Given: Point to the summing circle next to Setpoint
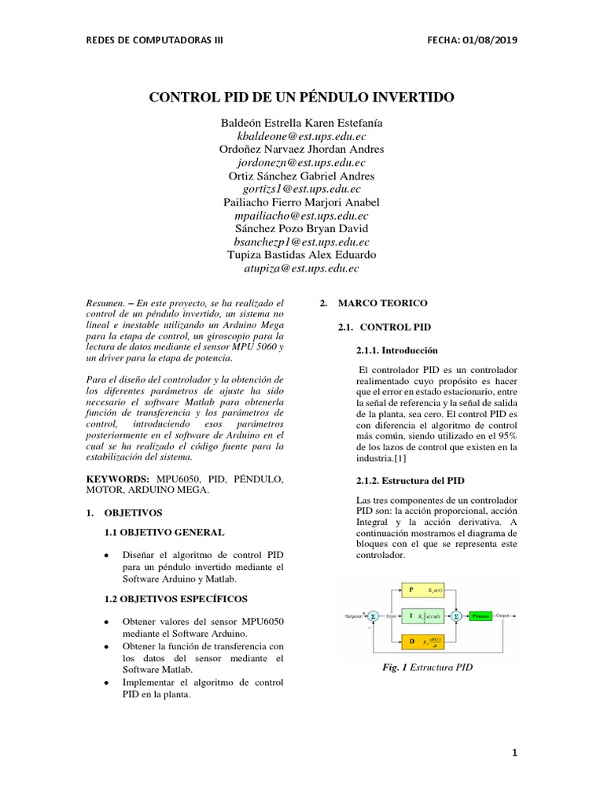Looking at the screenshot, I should (374, 616).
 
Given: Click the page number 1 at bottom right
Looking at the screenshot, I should (514, 752).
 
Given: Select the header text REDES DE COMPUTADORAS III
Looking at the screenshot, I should (154, 40).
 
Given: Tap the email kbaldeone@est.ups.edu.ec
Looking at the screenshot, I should (302, 136).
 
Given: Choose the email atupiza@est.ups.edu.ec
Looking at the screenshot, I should (302, 268).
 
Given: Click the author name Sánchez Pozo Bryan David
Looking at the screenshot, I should (302, 228).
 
